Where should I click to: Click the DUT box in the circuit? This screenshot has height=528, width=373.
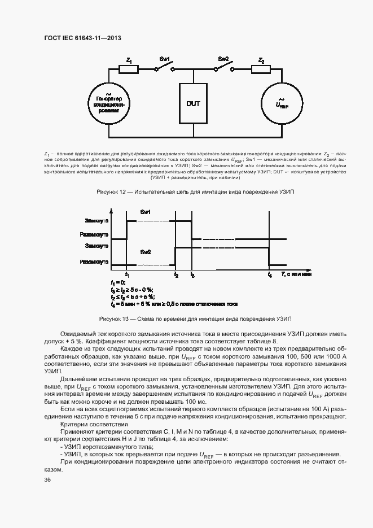[x=194, y=104]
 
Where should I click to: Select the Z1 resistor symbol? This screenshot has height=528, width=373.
[x=129, y=69]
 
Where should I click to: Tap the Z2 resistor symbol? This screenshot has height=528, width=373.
[x=261, y=69]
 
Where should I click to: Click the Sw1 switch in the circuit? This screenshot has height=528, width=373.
[x=164, y=67]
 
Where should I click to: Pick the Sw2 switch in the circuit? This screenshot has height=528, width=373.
[x=223, y=67]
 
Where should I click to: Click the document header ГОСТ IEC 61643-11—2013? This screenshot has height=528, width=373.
[x=83, y=38]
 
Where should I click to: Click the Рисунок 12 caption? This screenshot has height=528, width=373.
[x=195, y=192]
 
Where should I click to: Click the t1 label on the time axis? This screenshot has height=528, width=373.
[x=127, y=274]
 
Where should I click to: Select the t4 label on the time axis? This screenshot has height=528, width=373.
[x=269, y=274]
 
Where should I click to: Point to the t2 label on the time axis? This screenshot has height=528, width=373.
[x=176, y=274]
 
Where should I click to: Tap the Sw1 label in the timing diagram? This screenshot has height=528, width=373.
[x=145, y=212]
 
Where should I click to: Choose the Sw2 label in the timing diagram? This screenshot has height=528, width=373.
[x=145, y=251]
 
